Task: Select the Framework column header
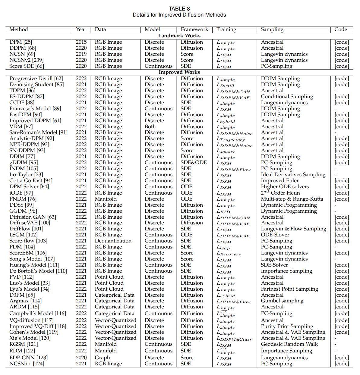[x=194, y=30]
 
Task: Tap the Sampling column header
[x=272, y=30]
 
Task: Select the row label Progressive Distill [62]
[x=36, y=78]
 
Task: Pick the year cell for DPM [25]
[x=81, y=42]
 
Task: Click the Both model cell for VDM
[x=150, y=127]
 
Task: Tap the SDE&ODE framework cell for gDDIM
[x=194, y=162]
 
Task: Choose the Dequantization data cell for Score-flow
[x=113, y=241]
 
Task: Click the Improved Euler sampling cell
[x=279, y=180]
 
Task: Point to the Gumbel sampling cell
[x=282, y=301]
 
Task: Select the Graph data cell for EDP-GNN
[x=103, y=358]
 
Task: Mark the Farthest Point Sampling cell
[x=289, y=289]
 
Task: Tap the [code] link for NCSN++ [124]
[x=342, y=364]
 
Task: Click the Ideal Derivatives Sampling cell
[x=293, y=174]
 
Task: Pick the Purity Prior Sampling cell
[x=287, y=326]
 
